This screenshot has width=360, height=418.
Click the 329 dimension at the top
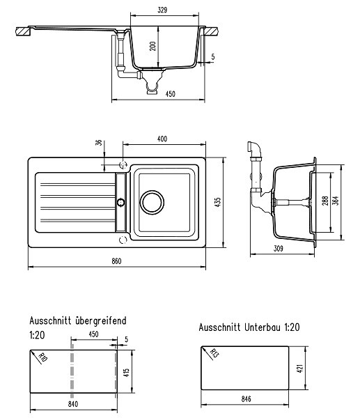[x=162, y=10]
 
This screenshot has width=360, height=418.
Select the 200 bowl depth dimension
[x=152, y=47]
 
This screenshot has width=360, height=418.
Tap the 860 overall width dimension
[x=116, y=261]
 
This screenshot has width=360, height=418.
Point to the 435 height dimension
[x=218, y=202]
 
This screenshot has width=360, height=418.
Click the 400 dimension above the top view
[x=162, y=139]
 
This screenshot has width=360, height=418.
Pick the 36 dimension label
[x=99, y=143]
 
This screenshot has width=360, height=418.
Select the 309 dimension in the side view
[x=279, y=249]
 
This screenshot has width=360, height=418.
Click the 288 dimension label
[x=325, y=201]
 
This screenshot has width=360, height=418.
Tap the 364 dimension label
[x=336, y=201]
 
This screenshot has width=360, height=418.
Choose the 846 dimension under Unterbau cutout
[x=246, y=398]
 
